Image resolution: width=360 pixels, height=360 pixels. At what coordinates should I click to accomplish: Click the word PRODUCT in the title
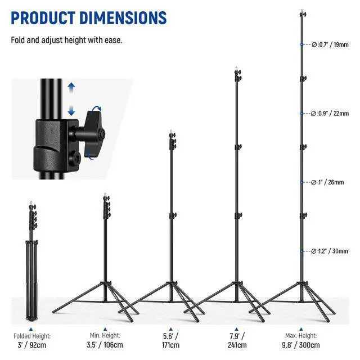[x=43, y=17]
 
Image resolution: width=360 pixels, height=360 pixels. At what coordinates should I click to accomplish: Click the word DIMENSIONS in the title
[x=123, y=17]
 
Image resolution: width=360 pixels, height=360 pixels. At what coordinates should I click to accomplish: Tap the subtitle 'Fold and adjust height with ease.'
[x=66, y=40]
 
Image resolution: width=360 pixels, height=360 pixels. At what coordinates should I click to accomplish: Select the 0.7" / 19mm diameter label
[x=330, y=44]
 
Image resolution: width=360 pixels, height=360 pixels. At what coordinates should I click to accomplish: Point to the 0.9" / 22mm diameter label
[x=330, y=114]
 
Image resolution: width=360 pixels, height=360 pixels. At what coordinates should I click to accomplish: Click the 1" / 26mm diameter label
[x=327, y=182]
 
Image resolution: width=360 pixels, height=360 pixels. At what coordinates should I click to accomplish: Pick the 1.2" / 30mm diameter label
[x=330, y=251]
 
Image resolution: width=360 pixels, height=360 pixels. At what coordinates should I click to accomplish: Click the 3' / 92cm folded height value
[x=32, y=345]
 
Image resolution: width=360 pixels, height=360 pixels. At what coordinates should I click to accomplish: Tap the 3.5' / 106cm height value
[x=105, y=345]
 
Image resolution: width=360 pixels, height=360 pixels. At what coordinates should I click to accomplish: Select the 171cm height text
[x=170, y=345]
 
